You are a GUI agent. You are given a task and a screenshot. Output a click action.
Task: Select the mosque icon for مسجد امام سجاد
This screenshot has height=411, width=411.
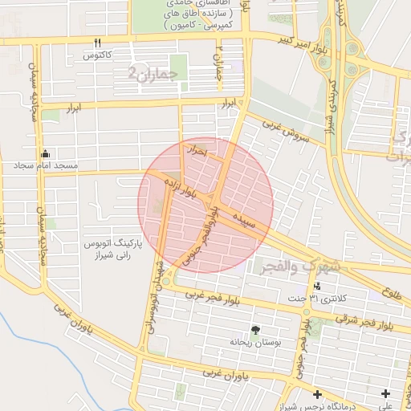(46, 153)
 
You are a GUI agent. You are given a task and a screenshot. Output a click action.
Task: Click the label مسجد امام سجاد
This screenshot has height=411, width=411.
(45, 166)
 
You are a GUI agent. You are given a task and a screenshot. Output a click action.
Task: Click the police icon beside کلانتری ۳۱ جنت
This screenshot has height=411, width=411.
(317, 286)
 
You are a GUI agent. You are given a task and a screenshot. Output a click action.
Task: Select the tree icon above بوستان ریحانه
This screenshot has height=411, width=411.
(255, 330)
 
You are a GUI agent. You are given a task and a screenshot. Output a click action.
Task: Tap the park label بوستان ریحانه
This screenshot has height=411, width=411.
(255, 342)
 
